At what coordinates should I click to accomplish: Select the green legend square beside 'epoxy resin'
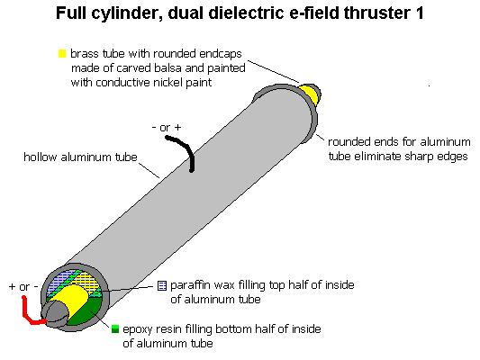click(x=115, y=328)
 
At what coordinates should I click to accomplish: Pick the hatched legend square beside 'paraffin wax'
click(x=162, y=285)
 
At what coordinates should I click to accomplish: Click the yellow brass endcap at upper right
click(x=308, y=92)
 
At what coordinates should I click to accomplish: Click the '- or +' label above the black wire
click(x=171, y=126)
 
